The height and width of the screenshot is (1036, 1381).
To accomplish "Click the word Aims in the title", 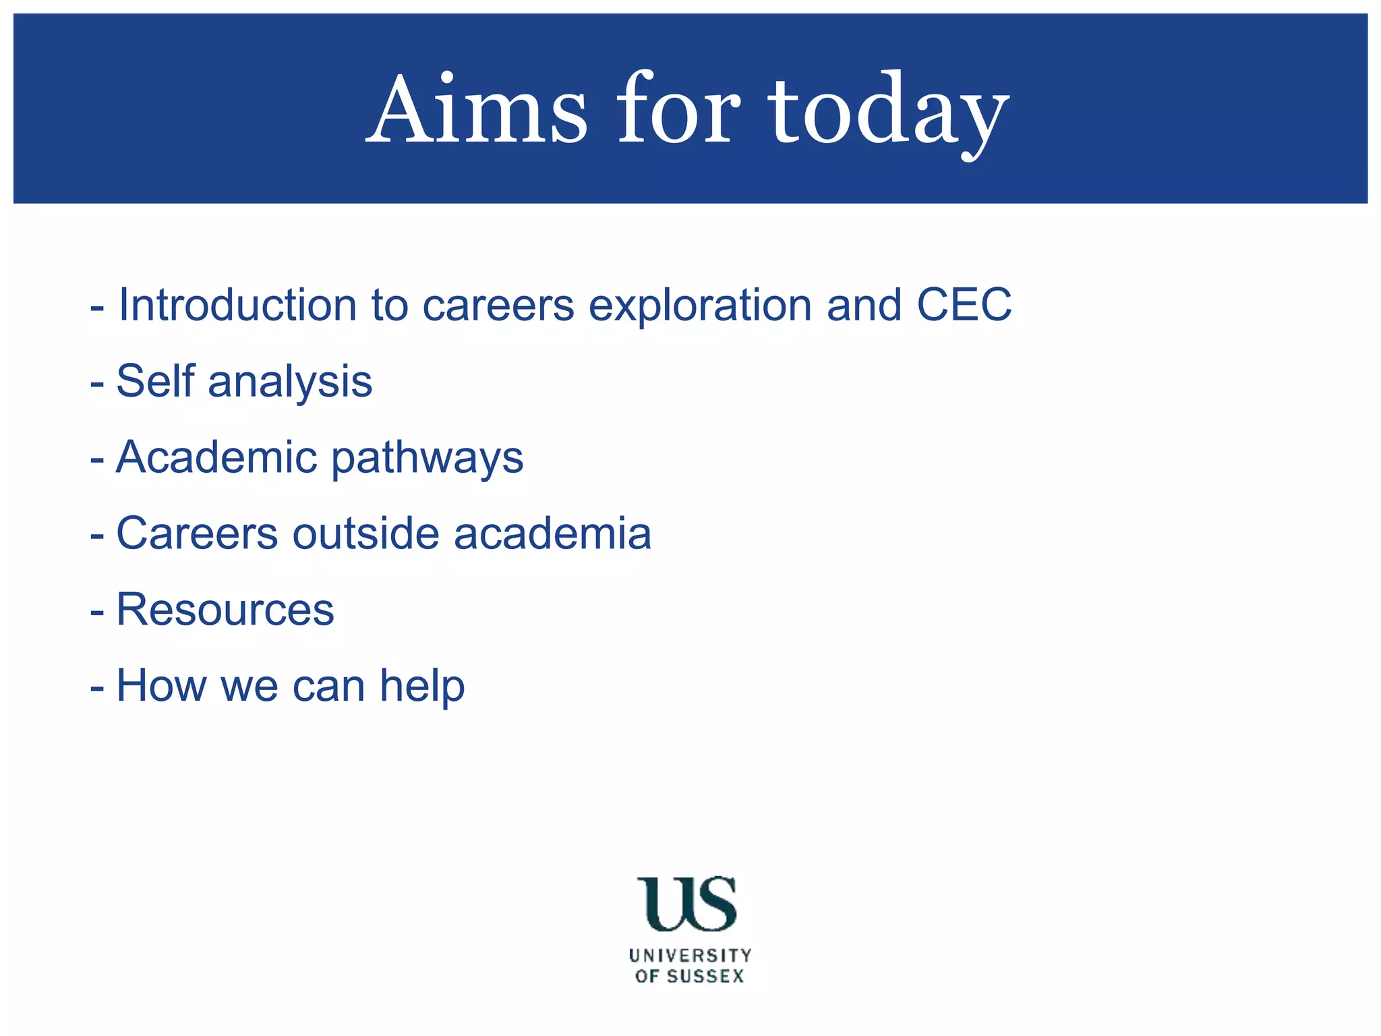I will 477,109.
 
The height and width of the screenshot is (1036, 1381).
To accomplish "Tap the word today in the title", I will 889,111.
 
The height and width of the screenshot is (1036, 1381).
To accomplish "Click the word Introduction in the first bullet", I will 237,305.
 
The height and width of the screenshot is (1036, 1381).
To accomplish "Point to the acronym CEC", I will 964,305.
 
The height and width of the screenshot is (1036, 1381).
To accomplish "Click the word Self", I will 155,381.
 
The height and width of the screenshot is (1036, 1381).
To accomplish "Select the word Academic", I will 216,457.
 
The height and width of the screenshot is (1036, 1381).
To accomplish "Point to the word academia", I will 552,534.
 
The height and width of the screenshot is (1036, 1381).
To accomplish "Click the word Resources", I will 225,610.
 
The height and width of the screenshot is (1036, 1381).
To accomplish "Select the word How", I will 161,686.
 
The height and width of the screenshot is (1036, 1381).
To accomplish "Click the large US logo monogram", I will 686,904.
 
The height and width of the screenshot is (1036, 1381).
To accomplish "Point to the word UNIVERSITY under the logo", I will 690,956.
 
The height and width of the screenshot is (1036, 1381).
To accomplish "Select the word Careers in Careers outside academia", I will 197,534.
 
